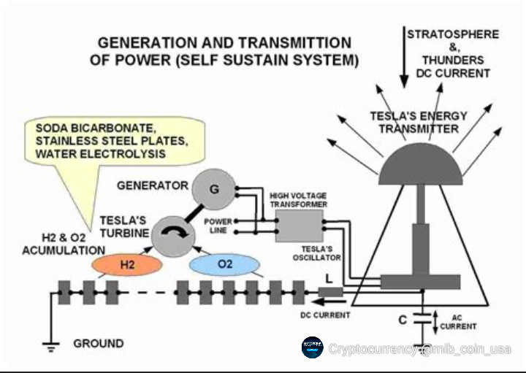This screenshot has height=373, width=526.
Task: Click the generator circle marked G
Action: pos(214,190)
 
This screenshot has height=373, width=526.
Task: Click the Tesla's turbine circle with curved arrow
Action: pos(174,236)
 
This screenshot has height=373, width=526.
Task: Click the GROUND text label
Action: pos(98,343)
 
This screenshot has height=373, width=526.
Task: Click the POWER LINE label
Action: pos(217,225)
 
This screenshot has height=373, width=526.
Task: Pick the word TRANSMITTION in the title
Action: pos(291,43)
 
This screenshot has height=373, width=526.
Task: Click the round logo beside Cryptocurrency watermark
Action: pos(313,348)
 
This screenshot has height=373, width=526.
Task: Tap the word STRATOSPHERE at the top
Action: pos(453,34)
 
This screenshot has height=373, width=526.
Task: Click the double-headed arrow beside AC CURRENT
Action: pos(436,319)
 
